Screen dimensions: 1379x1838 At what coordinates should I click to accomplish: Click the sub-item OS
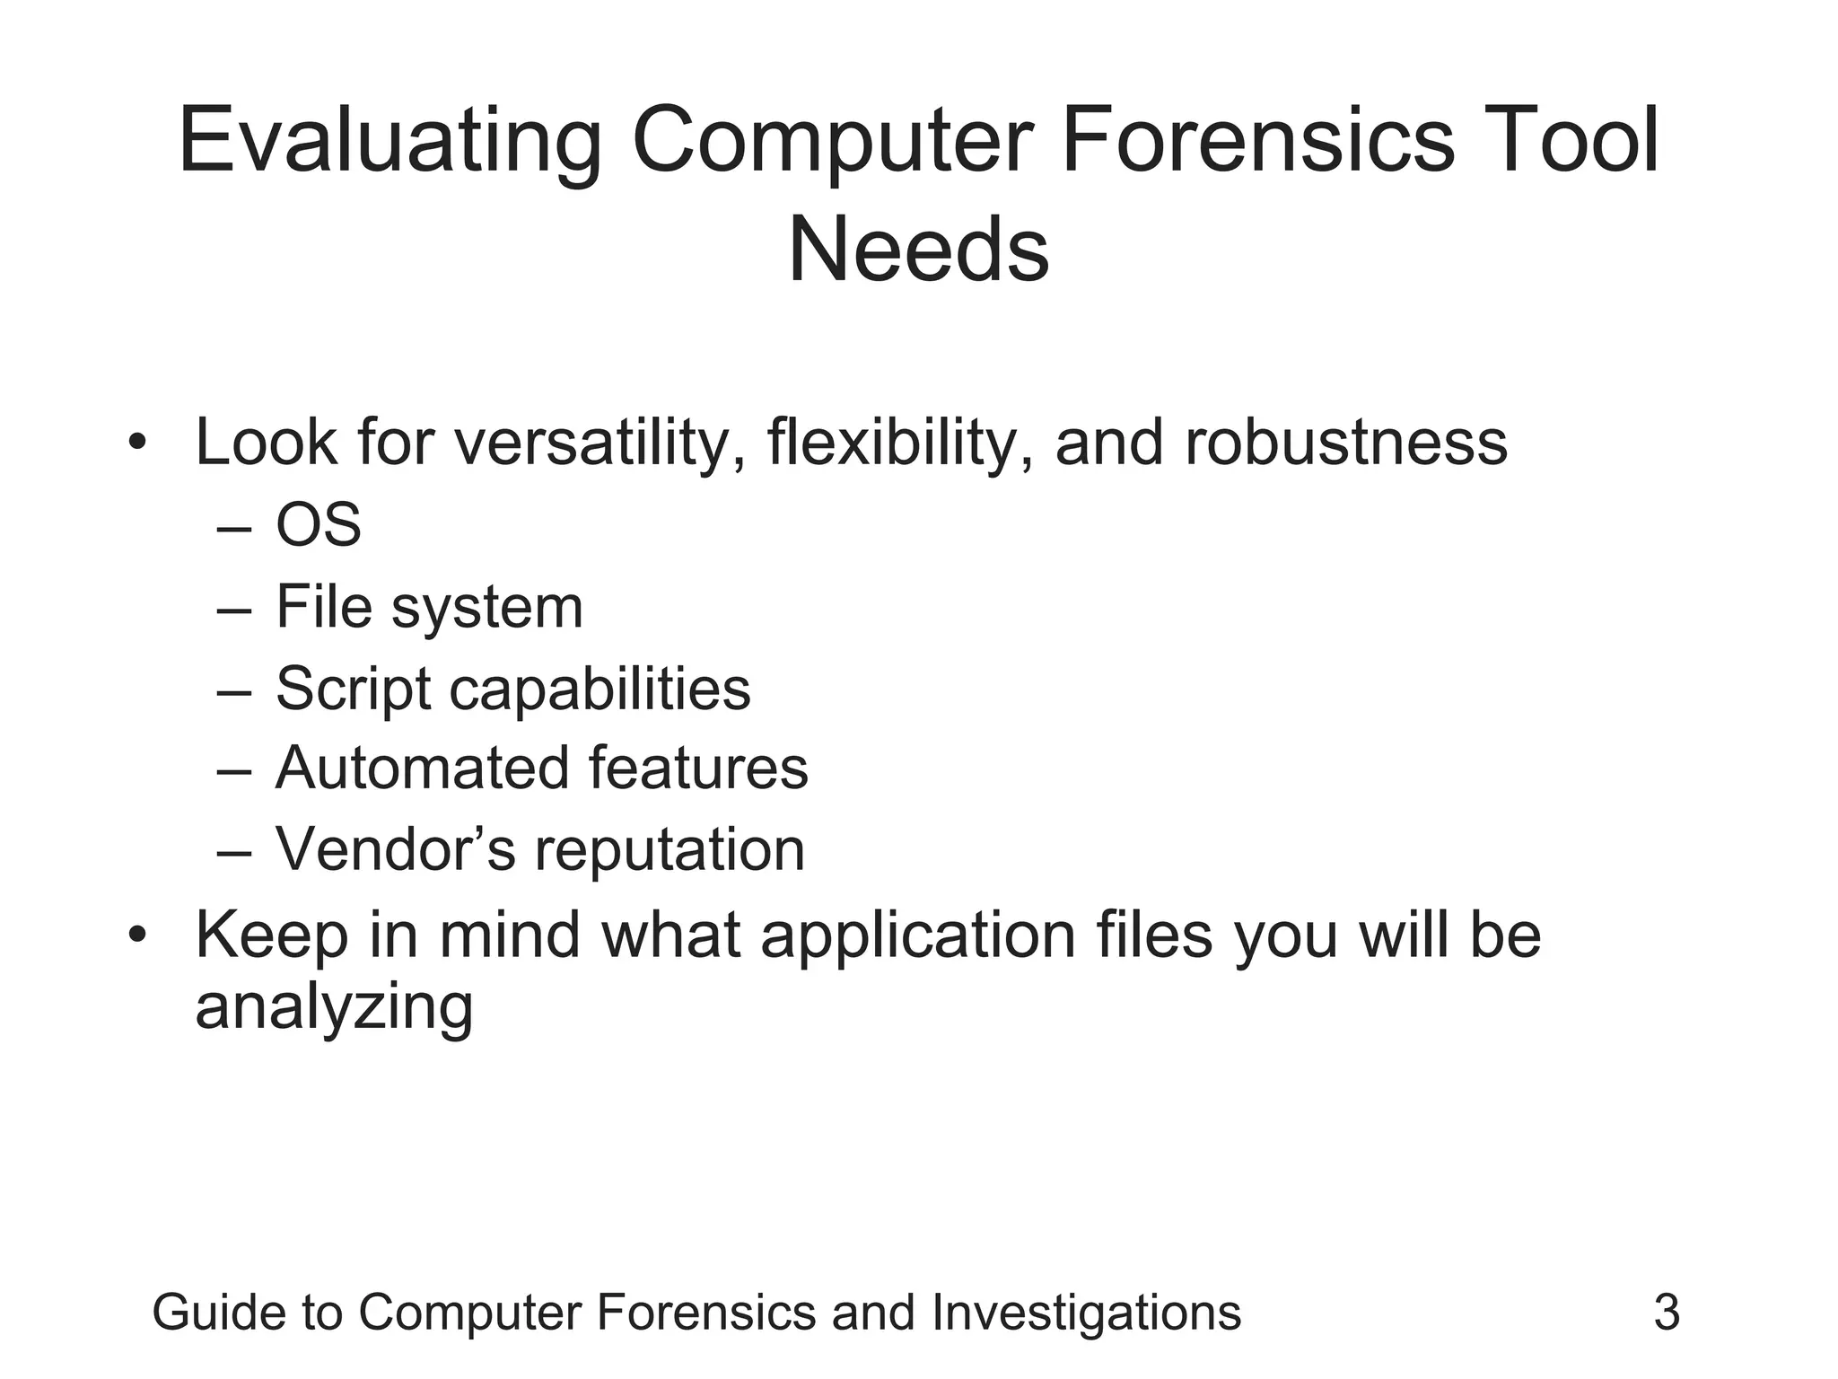pyautogui.click(x=319, y=525)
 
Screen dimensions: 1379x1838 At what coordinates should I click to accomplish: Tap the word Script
pyautogui.click(x=353, y=689)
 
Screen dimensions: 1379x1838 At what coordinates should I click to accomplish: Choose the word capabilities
pyautogui.click(x=600, y=689)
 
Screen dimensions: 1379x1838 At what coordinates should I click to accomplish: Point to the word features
pyautogui.click(x=698, y=769)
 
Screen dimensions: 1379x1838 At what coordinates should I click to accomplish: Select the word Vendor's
pyautogui.click(x=395, y=849)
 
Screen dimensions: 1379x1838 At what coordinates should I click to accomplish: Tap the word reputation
pyautogui.click(x=670, y=849)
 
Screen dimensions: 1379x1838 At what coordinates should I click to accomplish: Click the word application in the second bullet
pyautogui.click(x=917, y=936)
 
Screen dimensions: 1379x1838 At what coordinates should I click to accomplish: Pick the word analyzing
pyautogui.click(x=334, y=1007)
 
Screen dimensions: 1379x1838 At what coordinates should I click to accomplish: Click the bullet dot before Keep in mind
pyautogui.click(x=136, y=935)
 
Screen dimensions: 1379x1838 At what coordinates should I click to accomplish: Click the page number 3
pyautogui.click(x=1667, y=1313)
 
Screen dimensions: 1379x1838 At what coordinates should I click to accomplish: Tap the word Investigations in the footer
pyautogui.click(x=1086, y=1313)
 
